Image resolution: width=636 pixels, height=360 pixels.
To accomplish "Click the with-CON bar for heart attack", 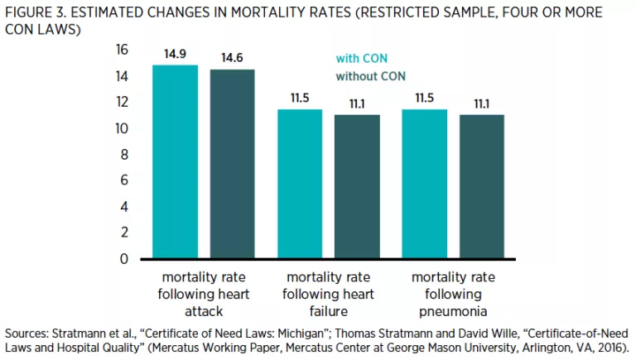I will click(x=176, y=162).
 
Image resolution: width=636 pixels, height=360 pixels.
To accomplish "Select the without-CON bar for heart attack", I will click(x=233, y=164).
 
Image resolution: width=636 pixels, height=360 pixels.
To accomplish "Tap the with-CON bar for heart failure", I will click(x=300, y=184).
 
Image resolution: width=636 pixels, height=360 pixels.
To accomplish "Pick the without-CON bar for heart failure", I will click(x=357, y=186).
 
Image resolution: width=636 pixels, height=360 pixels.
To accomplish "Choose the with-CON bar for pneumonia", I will click(x=425, y=184).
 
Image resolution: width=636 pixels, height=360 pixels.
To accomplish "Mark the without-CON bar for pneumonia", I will click(x=482, y=186).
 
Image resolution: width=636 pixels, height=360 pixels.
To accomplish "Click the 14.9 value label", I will click(x=176, y=54).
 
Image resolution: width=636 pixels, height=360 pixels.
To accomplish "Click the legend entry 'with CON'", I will click(x=361, y=59).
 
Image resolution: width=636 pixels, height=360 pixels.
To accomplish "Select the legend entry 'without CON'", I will click(x=370, y=77).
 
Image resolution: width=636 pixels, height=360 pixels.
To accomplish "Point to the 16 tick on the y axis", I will click(x=122, y=50).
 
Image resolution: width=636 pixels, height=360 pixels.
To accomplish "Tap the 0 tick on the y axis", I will click(x=125, y=259).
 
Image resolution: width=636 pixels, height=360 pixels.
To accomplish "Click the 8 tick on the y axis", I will click(x=125, y=155).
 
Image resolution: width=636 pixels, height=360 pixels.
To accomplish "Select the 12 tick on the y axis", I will click(x=122, y=103).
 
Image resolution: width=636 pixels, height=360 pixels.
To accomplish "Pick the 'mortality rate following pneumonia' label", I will click(x=453, y=293).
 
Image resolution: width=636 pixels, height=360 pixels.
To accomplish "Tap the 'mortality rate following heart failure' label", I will click(x=328, y=293).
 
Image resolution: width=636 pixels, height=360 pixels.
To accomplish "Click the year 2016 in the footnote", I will click(x=608, y=348).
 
